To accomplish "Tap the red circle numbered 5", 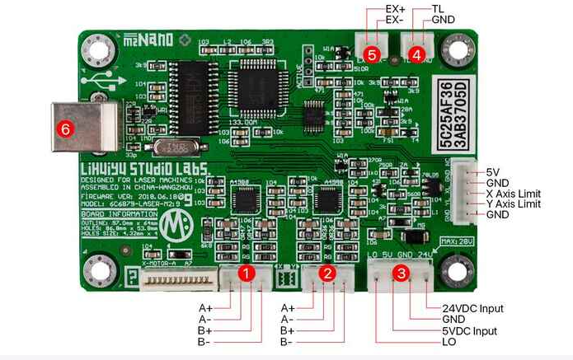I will pos(373,54).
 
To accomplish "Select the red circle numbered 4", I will pos(416,55).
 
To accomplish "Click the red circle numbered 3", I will pos(402,272).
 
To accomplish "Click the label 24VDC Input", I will pos(473,308).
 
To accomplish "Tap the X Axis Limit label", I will pos(518,193).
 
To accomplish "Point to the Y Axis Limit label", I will pos(518,203).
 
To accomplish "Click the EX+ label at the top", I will pos(395,8).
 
